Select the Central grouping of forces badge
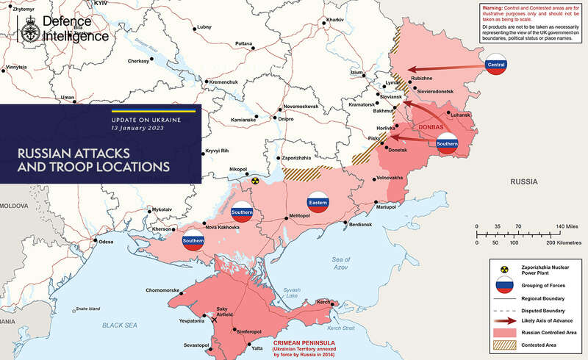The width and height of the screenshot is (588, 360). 496,67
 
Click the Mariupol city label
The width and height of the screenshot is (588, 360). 387,207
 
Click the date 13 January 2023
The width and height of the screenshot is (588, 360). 138,127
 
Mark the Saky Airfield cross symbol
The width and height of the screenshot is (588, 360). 215,320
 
